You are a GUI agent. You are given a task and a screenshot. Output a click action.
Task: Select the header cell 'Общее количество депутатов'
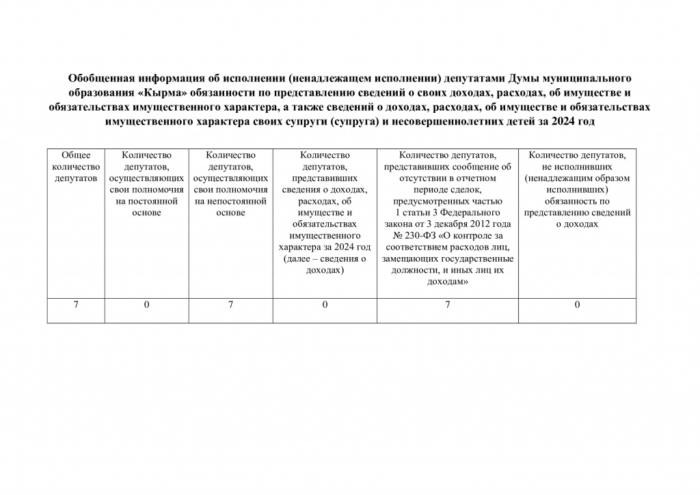click(x=76, y=167)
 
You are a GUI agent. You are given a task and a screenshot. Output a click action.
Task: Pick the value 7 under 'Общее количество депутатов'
click(x=76, y=304)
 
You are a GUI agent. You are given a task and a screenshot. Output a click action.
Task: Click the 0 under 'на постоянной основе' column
click(x=146, y=304)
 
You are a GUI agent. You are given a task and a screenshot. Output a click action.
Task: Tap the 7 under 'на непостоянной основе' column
click(x=230, y=304)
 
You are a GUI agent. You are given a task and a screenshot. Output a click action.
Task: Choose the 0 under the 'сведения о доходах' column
click(x=325, y=304)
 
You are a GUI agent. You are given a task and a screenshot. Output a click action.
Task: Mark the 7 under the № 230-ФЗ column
click(x=448, y=304)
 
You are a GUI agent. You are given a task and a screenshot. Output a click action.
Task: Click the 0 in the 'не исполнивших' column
click(x=577, y=304)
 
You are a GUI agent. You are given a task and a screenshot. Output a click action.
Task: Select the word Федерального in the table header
click(x=472, y=213)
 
